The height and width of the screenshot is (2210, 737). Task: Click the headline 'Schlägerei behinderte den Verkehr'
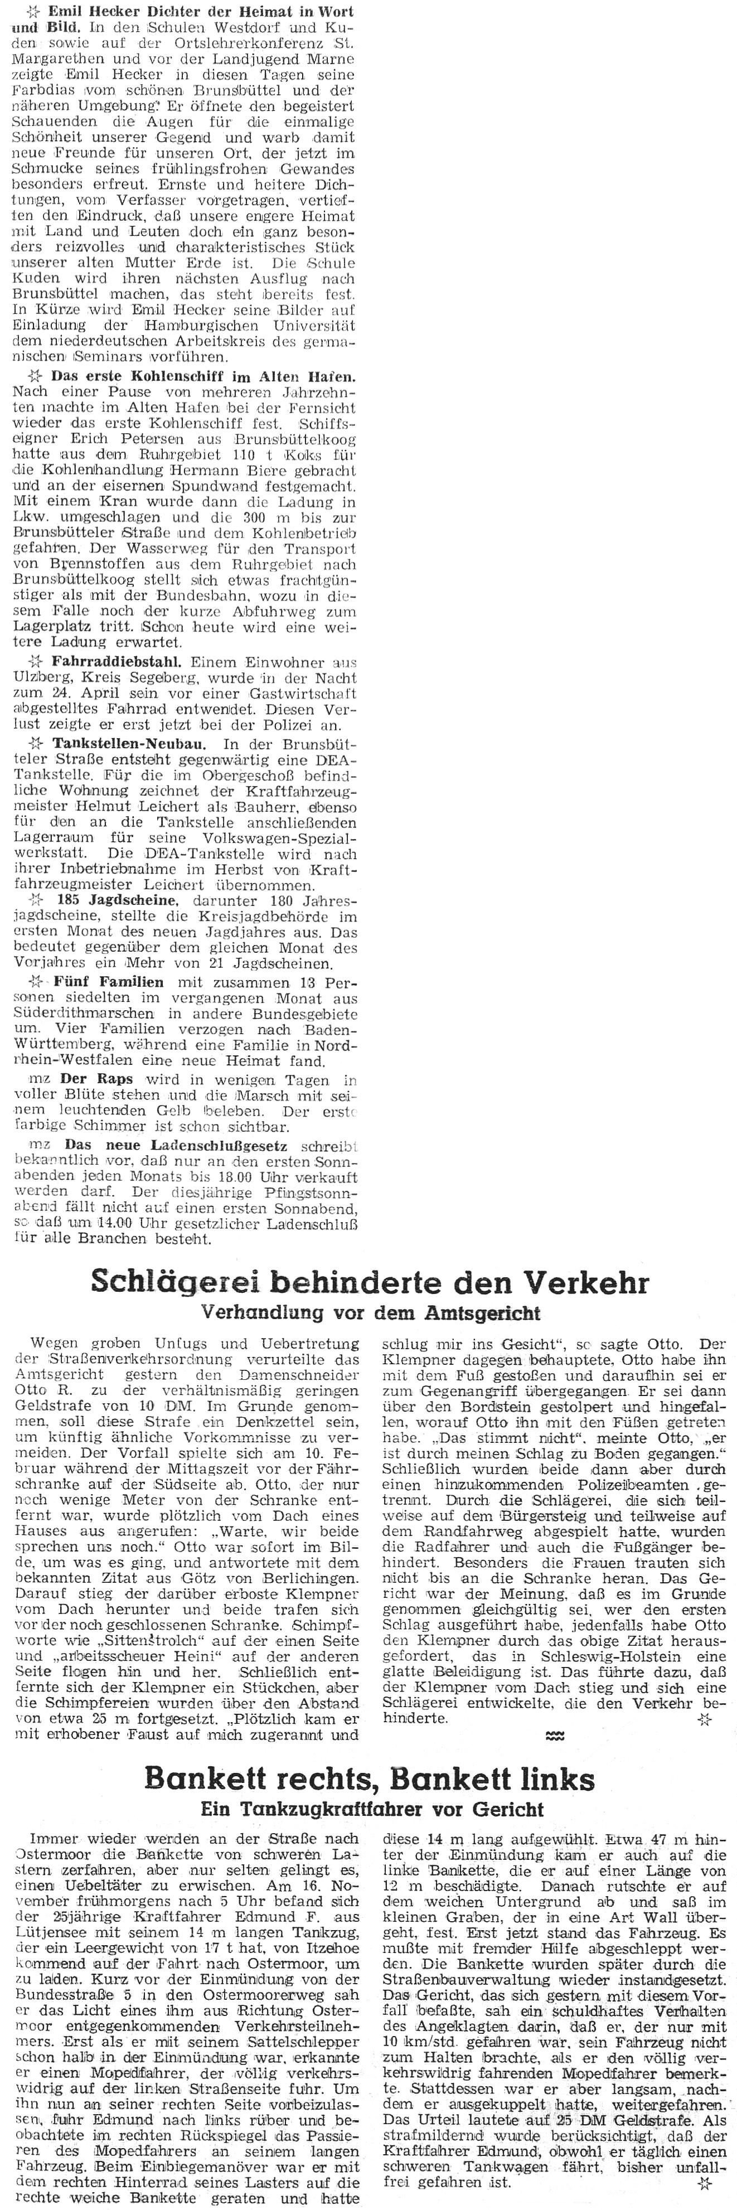[x=369, y=1283]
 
